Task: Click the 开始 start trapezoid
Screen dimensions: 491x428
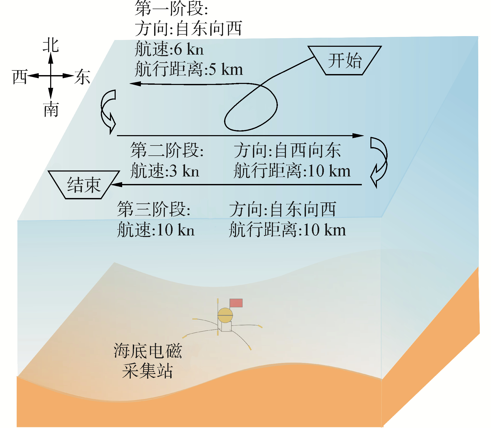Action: [x=344, y=60]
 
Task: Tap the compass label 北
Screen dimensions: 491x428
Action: [x=51, y=45]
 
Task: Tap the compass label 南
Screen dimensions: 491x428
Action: [x=51, y=109]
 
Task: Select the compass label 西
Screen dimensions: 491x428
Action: [x=20, y=77]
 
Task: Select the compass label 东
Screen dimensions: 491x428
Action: [x=82, y=77]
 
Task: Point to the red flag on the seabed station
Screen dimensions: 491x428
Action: [x=236, y=303]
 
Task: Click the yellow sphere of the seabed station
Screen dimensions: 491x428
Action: [x=225, y=315]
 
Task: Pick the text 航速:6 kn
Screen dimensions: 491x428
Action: [x=169, y=49]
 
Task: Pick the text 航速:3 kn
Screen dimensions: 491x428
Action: [x=165, y=170]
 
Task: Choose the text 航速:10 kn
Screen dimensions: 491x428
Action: [x=155, y=229]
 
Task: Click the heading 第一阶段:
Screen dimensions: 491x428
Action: [x=171, y=9]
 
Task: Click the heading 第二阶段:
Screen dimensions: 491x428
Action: [x=167, y=150]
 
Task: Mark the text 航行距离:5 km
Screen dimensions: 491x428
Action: [x=189, y=69]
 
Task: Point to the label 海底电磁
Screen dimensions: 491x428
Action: [x=147, y=351]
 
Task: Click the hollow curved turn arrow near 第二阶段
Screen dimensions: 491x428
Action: [x=108, y=112]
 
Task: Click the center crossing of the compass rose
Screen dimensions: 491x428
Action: [x=51, y=76]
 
